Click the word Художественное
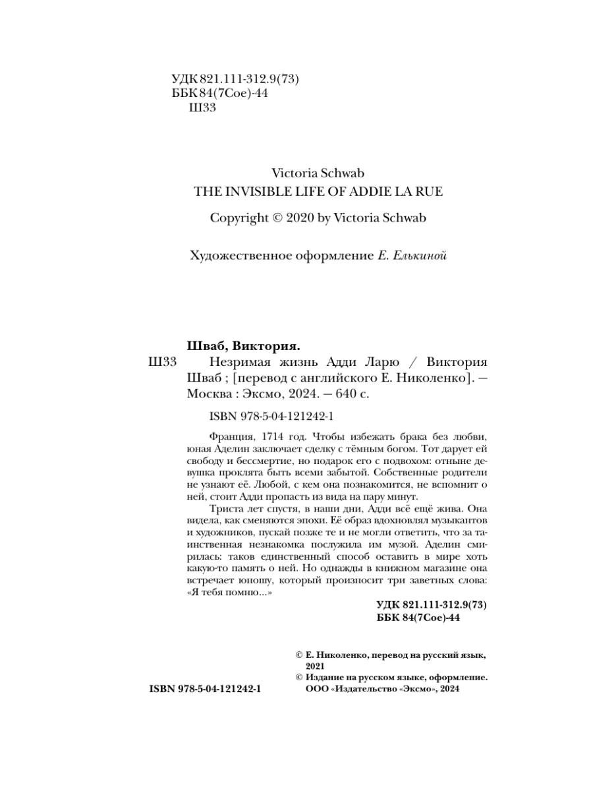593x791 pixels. (x=233, y=255)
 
